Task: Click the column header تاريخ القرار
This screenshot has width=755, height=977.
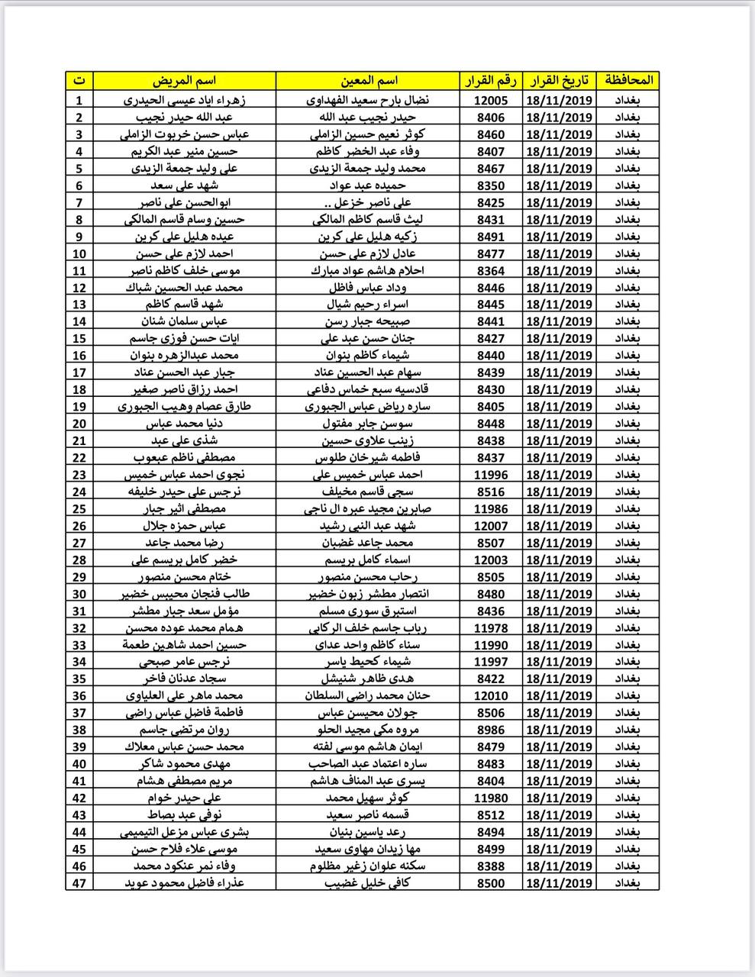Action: click(559, 80)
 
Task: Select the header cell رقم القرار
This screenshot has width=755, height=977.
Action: click(490, 80)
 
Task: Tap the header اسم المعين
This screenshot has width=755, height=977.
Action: click(367, 80)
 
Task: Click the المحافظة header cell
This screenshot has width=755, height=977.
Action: click(629, 80)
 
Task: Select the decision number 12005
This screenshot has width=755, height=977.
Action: click(490, 100)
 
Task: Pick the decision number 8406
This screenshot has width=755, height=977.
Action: click(490, 118)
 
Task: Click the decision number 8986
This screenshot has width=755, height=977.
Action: click(490, 730)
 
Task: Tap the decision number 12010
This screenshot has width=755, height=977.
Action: click(490, 696)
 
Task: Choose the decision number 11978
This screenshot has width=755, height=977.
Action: click(490, 627)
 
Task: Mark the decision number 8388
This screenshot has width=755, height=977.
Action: click(490, 866)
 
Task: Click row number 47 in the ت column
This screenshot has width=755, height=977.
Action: click(79, 883)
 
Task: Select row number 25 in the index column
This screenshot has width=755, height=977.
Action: click(79, 509)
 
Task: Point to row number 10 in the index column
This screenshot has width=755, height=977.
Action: click(79, 253)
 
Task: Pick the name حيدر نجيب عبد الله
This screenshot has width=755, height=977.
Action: click(367, 118)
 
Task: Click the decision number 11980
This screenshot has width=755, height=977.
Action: click(490, 798)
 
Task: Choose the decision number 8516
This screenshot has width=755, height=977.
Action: click(490, 492)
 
